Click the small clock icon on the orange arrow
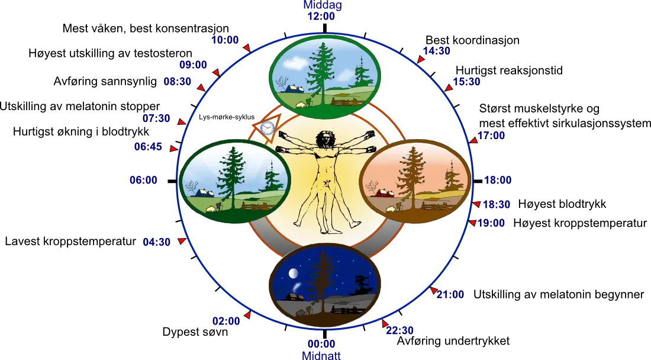(x=267, y=127)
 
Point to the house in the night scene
(x=293, y=296)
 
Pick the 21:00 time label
(x=451, y=294)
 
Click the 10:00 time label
(x=225, y=40)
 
